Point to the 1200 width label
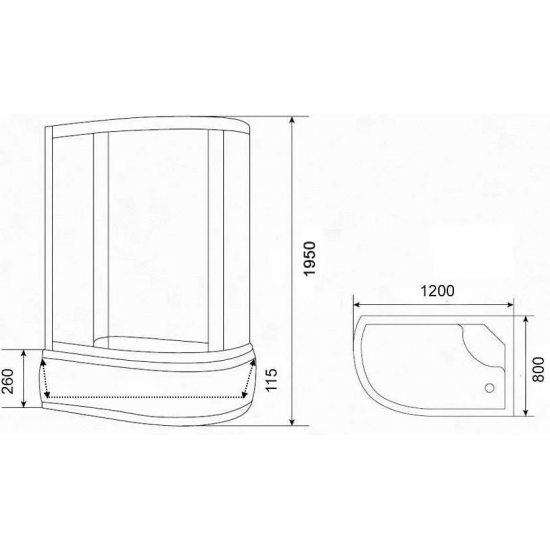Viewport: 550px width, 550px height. click(436, 292)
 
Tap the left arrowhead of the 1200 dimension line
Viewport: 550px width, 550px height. click(357, 306)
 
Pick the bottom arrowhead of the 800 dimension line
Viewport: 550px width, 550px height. click(525, 411)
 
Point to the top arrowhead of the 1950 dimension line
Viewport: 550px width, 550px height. click(292, 118)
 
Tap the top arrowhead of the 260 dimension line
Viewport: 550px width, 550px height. click(23, 351)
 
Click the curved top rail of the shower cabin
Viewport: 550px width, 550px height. click(150, 126)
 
